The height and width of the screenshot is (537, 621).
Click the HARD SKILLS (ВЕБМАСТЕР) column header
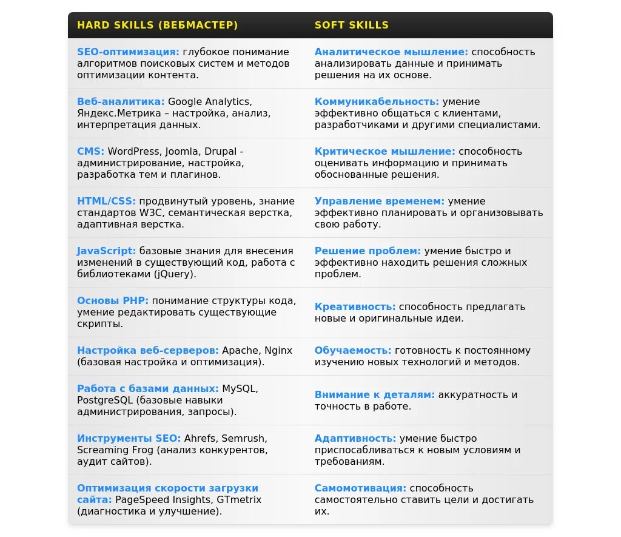tap(157, 25)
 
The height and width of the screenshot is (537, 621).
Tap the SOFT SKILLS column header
tap(351, 25)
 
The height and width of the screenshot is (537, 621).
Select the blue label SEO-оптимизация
tap(128, 52)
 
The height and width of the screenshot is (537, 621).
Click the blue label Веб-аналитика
tap(121, 102)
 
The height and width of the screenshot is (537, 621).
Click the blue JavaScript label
tap(106, 251)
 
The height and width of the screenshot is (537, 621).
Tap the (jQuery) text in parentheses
tap(175, 274)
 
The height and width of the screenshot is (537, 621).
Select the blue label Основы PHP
tap(113, 301)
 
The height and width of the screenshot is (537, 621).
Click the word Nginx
tap(278, 351)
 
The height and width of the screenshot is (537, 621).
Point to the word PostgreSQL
tap(105, 400)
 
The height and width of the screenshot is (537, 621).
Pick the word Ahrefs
tap(200, 438)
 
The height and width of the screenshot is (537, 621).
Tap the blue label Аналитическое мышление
tap(391, 52)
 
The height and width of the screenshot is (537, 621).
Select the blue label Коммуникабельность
tap(377, 102)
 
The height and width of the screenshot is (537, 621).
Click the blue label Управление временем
tap(379, 201)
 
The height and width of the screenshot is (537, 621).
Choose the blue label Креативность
tap(355, 307)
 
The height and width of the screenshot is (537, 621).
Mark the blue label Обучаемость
tap(352, 351)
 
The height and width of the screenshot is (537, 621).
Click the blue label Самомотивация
tap(360, 488)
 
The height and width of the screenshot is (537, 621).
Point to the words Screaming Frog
tap(111, 450)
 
